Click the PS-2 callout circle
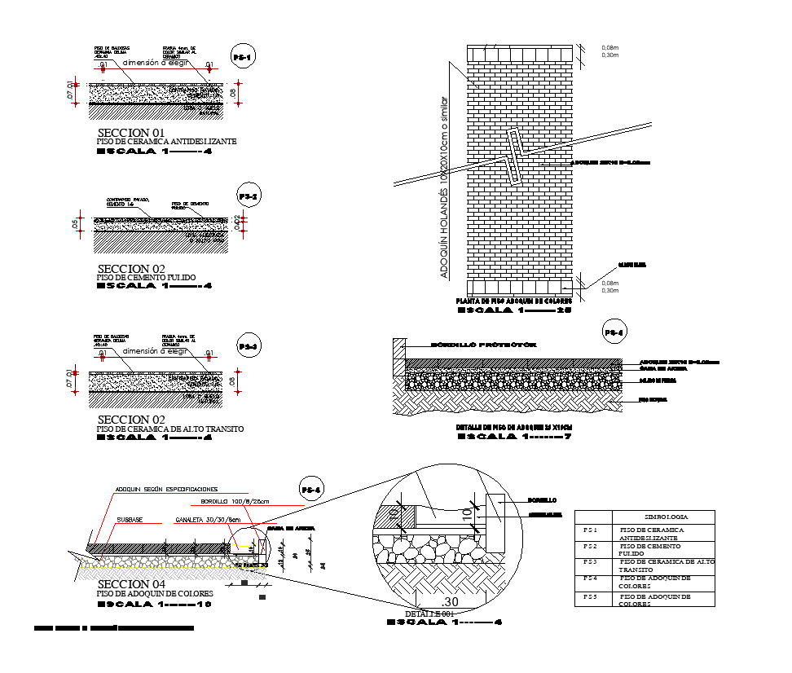click(x=249, y=196)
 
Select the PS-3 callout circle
click(x=249, y=346)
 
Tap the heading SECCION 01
click(x=131, y=132)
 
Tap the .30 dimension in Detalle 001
click(x=451, y=600)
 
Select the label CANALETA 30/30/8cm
click(x=208, y=519)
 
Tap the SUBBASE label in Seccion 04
click(x=130, y=519)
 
